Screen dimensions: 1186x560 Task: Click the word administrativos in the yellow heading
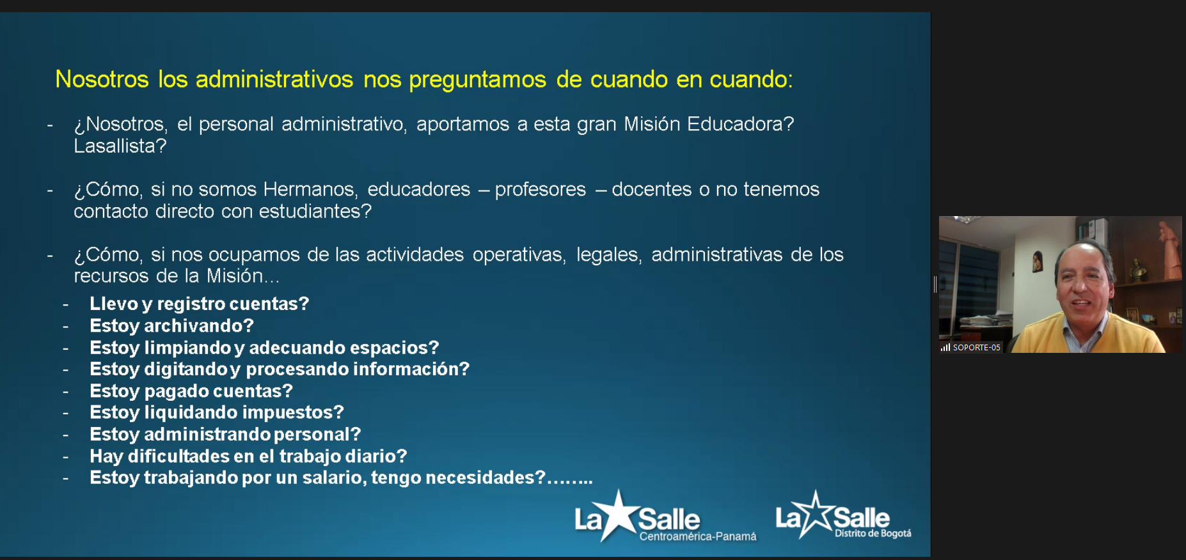point(274,79)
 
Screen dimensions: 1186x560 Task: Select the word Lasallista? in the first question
point(120,146)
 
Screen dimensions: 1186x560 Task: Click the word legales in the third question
point(609,255)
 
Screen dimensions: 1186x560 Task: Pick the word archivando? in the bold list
point(199,326)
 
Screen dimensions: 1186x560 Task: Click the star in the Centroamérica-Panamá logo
point(618,515)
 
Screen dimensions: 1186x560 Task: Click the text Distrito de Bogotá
point(873,534)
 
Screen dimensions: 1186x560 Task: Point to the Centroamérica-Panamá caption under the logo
point(698,536)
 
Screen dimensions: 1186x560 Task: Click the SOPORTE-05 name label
point(977,348)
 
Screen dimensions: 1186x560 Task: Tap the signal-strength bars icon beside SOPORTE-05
point(945,348)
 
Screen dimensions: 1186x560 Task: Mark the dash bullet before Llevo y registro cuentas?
point(65,304)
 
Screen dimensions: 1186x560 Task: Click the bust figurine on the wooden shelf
point(1137,270)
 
